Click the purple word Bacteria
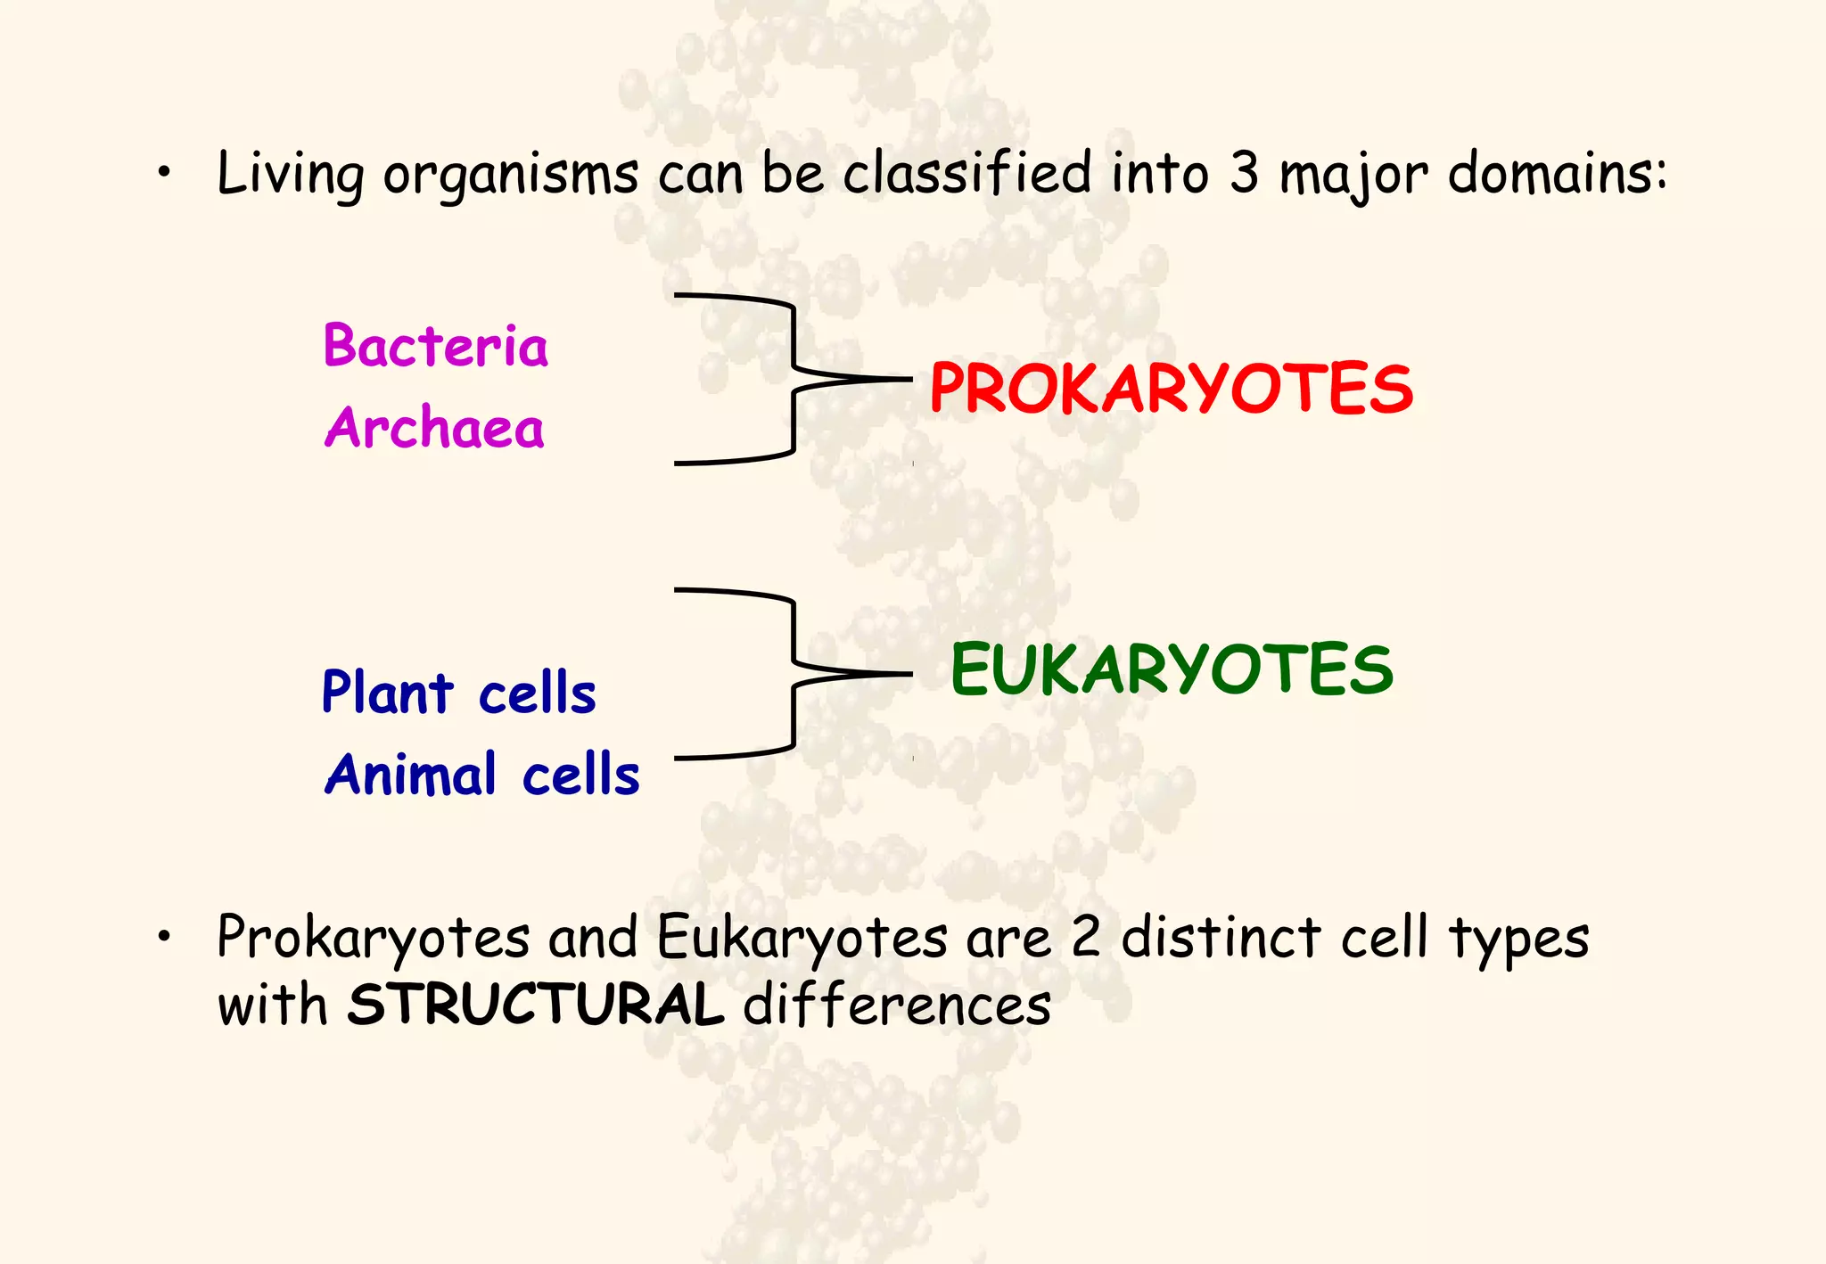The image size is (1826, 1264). pos(435,346)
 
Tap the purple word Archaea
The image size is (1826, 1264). pos(434,428)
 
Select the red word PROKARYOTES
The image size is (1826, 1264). pos(1171,390)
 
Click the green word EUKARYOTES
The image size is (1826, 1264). pos(1171,669)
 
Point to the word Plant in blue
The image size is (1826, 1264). pos(387,693)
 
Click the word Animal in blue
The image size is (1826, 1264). pos(410,774)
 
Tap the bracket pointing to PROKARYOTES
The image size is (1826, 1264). pos(792,379)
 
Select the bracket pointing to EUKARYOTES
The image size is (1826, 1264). pos(792,674)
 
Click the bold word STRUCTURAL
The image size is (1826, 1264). pos(535,1005)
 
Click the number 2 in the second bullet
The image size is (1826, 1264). pos(1085,938)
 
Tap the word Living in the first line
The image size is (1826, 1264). pos(291,174)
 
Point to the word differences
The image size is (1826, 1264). pos(897,1005)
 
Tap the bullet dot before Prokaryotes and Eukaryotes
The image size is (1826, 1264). pos(163,937)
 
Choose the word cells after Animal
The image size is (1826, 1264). pos(580,774)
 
